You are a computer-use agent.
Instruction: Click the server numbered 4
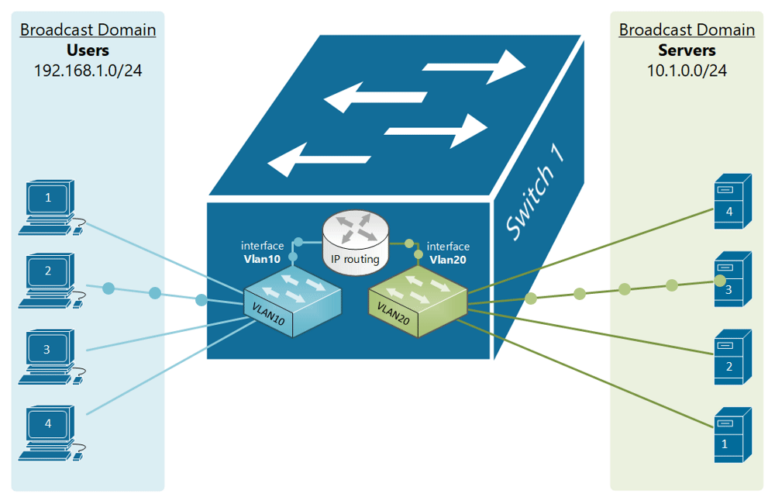tap(730, 204)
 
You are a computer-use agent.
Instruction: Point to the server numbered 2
tap(730, 358)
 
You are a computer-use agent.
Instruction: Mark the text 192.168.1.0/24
tap(88, 71)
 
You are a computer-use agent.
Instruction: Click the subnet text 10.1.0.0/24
tap(687, 71)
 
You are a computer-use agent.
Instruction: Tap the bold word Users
tap(88, 50)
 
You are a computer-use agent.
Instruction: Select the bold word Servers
tap(687, 50)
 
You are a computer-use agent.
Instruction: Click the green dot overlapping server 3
tap(720, 280)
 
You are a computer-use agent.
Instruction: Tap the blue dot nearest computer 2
tap(108, 288)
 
